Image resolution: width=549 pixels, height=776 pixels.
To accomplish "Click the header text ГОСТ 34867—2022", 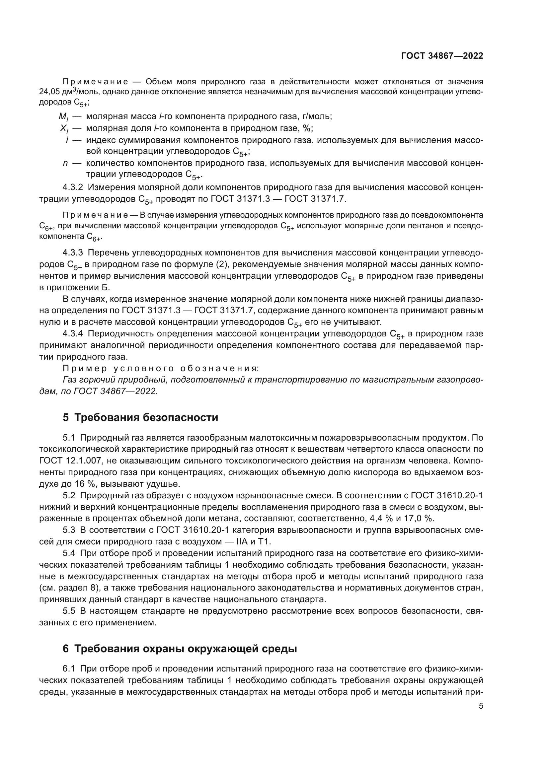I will [442, 56].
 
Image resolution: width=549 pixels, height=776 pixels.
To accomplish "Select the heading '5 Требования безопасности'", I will [140, 417].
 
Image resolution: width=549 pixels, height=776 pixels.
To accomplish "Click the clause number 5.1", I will [69, 438].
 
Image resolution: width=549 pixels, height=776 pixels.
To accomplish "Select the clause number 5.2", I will [69, 495].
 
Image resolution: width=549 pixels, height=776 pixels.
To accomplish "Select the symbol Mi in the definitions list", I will [63, 117].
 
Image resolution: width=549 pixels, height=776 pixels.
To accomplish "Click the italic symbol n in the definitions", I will [65, 163].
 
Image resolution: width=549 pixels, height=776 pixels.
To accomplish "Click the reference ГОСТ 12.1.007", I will [67, 461].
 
